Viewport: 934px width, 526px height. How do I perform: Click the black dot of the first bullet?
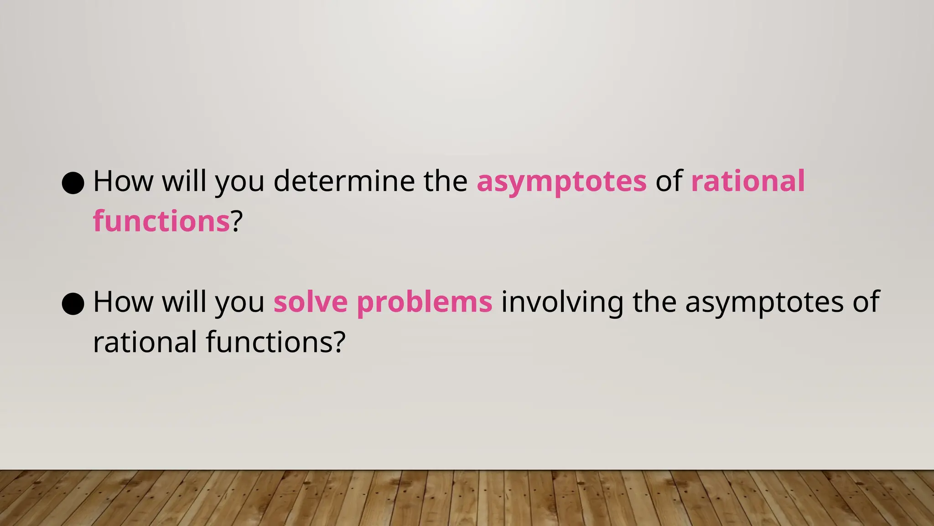coord(73,183)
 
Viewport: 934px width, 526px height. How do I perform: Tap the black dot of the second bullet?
coord(73,304)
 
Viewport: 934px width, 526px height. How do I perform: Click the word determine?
coord(344,181)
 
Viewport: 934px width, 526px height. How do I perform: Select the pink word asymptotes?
coord(561,182)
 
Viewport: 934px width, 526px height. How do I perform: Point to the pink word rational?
coord(748,181)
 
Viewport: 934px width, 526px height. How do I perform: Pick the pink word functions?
coord(161,221)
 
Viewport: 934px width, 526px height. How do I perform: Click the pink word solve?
coord(311,302)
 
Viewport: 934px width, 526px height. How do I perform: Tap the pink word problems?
coord(425,303)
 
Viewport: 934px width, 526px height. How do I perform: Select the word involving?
coord(562,303)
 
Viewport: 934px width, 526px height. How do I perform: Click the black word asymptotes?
coord(764,303)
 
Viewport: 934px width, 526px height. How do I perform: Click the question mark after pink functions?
coord(236,221)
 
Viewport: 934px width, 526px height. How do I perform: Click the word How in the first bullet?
coord(123,181)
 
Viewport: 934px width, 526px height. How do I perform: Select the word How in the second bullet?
coord(123,302)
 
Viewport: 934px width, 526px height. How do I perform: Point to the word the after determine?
coord(445,181)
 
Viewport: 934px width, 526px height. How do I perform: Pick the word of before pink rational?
coord(669,181)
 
